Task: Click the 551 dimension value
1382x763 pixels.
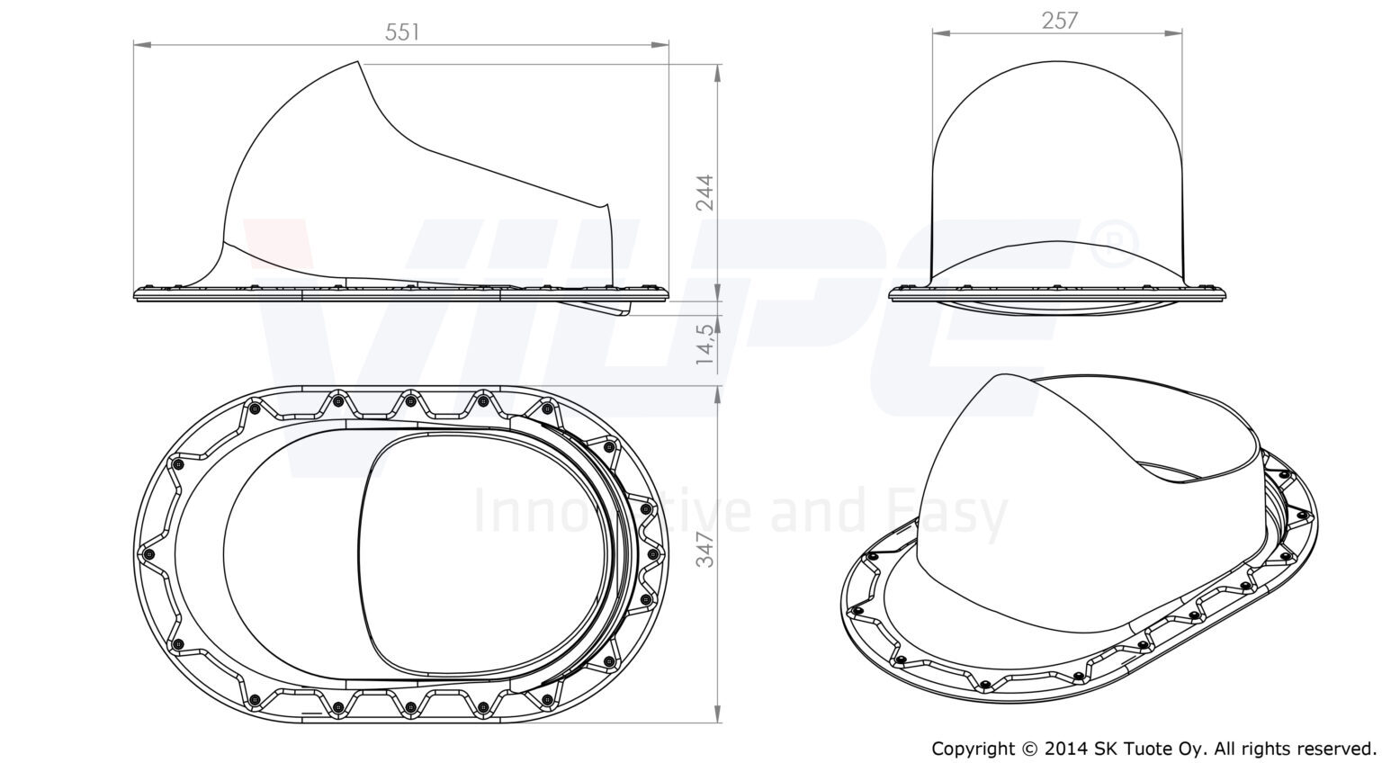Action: click(x=401, y=32)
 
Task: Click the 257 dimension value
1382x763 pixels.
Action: click(x=1059, y=21)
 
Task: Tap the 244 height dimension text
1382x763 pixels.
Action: click(x=704, y=193)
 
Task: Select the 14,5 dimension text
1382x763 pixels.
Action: click(x=704, y=342)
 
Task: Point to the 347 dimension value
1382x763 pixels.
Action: click(x=704, y=550)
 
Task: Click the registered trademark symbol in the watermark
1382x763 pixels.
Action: click(x=1114, y=245)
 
